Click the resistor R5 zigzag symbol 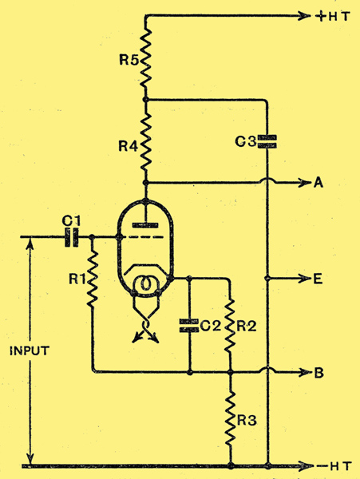pyautogui.click(x=145, y=59)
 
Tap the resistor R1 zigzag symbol pyautogui.click(x=93, y=279)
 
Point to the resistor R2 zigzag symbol pyautogui.click(x=231, y=326)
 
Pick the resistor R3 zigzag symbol pyautogui.click(x=231, y=419)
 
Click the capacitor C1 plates pyautogui.click(x=72, y=237)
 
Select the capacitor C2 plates pyautogui.click(x=189, y=326)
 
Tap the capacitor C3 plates pyautogui.click(x=267, y=142)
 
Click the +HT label pyautogui.click(x=333, y=16)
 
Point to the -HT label pyautogui.click(x=334, y=466)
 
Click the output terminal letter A pyautogui.click(x=318, y=183)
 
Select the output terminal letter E pyautogui.click(x=318, y=279)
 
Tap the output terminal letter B pyautogui.click(x=318, y=373)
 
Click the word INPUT pyautogui.click(x=30, y=350)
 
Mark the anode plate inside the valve pyautogui.click(x=145, y=225)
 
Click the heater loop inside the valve pyautogui.click(x=146, y=283)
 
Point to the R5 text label pyautogui.click(x=129, y=60)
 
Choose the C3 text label pyautogui.click(x=246, y=142)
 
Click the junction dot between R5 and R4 pyautogui.click(x=145, y=100)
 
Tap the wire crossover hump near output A pyautogui.click(x=267, y=180)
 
